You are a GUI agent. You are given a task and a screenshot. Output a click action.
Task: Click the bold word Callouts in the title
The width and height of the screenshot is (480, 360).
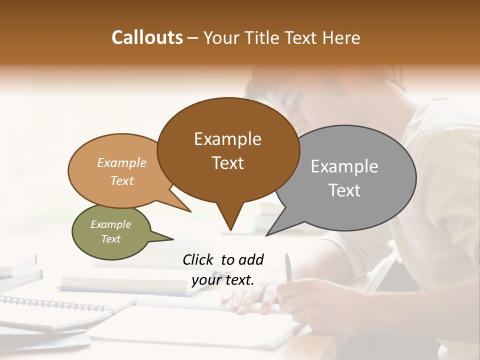147,37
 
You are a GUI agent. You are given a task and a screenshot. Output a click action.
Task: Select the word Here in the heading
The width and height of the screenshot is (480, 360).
341,37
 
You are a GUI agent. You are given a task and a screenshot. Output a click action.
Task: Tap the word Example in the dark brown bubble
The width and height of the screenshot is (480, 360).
227,139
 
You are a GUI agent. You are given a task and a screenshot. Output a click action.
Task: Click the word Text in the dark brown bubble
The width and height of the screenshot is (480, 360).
227,162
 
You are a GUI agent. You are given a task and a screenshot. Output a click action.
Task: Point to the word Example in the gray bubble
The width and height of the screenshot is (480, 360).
344,166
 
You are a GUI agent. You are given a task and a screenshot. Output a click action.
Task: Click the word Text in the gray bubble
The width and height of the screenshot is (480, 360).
344,190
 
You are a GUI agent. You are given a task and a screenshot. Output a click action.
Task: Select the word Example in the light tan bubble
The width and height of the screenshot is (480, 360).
122,162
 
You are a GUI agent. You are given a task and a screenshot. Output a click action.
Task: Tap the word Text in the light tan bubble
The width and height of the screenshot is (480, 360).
122,180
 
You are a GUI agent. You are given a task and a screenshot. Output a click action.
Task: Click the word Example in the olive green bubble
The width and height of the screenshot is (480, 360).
110,224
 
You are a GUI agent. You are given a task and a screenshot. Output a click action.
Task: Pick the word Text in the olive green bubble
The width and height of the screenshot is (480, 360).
110,239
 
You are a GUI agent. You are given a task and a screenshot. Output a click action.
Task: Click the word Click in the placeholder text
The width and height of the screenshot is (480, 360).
199,259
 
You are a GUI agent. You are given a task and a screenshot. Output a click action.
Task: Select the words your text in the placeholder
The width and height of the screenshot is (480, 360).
223,280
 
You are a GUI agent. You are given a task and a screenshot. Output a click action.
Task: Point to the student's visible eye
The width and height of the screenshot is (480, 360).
296,102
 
